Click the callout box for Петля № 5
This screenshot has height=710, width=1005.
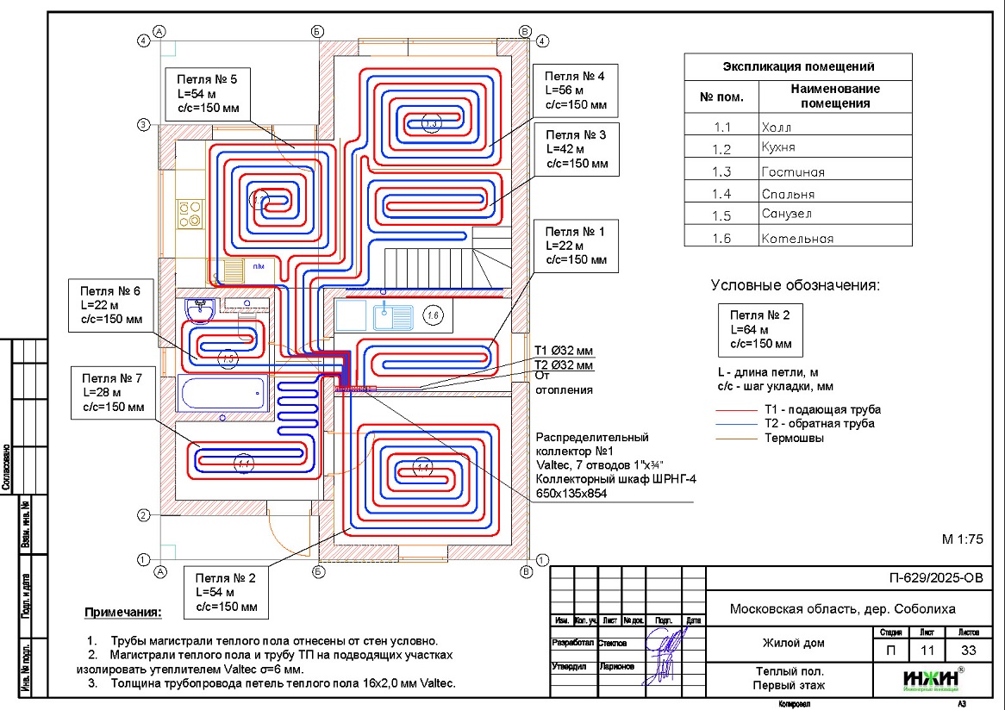click(x=203, y=95)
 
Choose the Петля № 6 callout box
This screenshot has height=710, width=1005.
click(x=110, y=305)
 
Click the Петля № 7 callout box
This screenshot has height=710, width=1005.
click(x=112, y=392)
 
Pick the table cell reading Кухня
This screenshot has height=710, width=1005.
click(x=834, y=147)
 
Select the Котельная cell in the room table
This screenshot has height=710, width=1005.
click(x=834, y=239)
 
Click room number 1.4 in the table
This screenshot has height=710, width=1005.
click(x=721, y=194)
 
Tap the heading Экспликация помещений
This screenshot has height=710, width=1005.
click(x=798, y=66)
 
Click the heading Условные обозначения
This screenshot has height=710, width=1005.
click(x=796, y=285)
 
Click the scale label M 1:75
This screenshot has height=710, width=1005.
click(x=962, y=539)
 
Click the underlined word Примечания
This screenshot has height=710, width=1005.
click(x=122, y=613)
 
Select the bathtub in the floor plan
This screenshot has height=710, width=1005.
click(x=222, y=393)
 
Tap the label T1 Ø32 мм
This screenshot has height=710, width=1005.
click(x=564, y=351)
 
